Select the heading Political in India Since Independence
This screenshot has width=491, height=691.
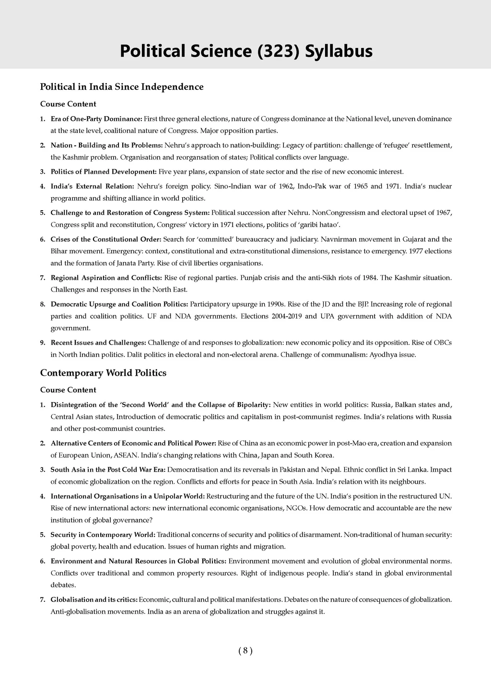click(122, 87)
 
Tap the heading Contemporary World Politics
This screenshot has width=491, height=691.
click(103, 373)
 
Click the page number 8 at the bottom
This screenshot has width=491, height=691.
click(245, 651)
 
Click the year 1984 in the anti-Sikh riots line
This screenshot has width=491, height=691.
click(366, 277)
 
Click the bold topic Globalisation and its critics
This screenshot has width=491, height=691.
click(94, 599)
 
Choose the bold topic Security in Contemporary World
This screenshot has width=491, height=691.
click(103, 535)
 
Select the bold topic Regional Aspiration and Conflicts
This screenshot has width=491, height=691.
click(106, 277)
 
